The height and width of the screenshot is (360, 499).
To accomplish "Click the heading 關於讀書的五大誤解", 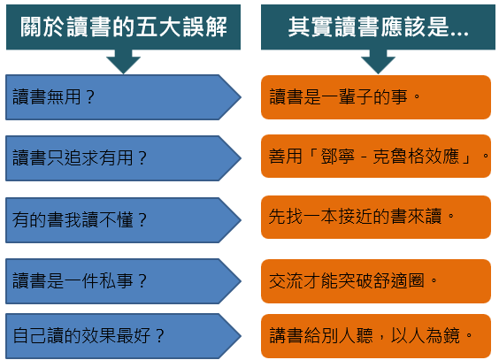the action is click(x=124, y=27).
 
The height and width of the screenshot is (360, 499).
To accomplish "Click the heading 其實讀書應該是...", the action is click(x=378, y=27).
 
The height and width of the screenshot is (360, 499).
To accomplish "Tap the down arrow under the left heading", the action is click(x=124, y=62).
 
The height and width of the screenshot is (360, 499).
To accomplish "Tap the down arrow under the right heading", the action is click(x=378, y=62).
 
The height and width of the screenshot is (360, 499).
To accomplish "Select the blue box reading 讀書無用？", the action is click(x=123, y=97).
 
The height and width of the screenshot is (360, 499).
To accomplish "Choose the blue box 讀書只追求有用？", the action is click(x=123, y=158).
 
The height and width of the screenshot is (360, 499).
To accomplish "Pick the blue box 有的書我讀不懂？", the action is click(x=123, y=220).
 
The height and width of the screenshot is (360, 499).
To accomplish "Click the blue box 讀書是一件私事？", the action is click(x=123, y=281).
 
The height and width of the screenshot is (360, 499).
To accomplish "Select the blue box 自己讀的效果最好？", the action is click(x=123, y=336).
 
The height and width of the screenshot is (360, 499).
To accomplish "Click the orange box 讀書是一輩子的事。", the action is click(x=376, y=97).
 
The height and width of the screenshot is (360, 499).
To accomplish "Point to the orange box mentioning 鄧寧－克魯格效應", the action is click(x=376, y=157).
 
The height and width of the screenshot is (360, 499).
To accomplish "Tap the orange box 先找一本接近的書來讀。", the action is click(x=376, y=218).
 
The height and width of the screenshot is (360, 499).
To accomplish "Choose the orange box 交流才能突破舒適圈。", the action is click(x=376, y=281).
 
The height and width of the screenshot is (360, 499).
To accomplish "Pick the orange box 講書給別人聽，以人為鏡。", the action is click(x=376, y=336).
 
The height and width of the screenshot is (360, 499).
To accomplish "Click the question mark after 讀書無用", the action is click(x=90, y=97).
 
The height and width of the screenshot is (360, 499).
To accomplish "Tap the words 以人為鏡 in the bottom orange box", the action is click(x=426, y=335).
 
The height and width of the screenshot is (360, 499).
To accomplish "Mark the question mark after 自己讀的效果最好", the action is click(x=160, y=335).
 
